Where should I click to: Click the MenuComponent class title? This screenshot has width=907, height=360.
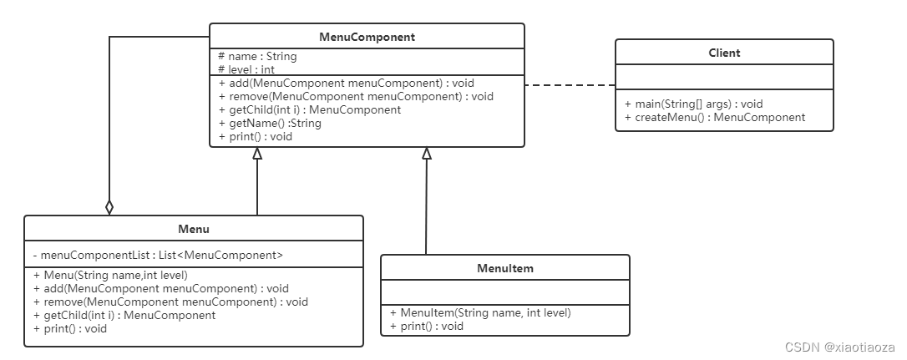pos(367,37)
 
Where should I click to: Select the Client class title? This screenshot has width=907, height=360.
pos(724,53)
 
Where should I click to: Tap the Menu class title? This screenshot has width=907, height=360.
pos(194,229)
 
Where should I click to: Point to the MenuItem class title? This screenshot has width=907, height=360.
pos(505,269)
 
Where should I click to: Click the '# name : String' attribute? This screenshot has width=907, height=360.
pos(257,56)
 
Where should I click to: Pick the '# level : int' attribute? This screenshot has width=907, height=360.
pos(246,69)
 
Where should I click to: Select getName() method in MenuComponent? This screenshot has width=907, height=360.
pos(270,124)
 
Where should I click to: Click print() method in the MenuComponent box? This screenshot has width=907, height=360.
pos(256,137)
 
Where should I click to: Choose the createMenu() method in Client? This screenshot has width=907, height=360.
pos(715,118)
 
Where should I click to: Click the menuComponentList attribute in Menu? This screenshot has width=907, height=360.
pos(159,255)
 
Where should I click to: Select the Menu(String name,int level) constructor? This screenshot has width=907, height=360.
pos(111,276)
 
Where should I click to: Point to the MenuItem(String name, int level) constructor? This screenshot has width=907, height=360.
pos(481,313)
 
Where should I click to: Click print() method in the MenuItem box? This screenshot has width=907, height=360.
pos(428,327)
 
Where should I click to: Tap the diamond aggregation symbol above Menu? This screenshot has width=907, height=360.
pos(109,207)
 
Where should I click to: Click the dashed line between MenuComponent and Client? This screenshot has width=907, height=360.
pos(570,85)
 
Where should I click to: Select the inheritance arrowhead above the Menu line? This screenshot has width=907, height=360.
pos(257,153)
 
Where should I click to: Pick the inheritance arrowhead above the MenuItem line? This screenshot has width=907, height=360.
pos(427,153)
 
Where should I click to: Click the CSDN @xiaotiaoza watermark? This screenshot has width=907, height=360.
pos(840,347)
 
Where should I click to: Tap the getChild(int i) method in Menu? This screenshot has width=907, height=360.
pos(125,316)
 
